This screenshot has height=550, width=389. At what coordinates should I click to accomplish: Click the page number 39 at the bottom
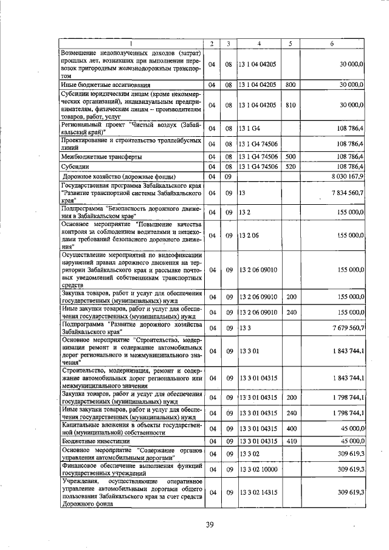point(210,524)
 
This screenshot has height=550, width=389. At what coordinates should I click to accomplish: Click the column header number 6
point(332,43)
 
